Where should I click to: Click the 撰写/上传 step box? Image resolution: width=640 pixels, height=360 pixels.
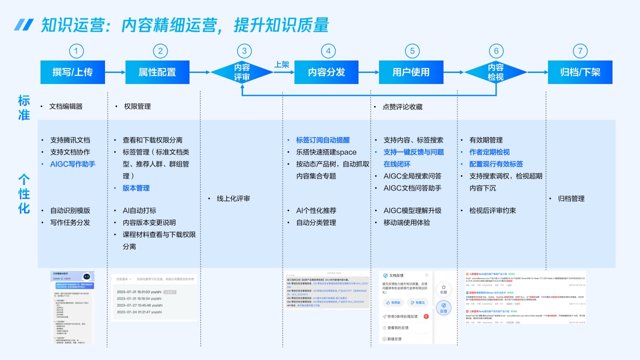[72, 72]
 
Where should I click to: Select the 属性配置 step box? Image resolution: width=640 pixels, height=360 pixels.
[157, 72]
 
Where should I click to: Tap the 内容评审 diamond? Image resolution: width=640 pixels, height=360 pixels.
[242, 72]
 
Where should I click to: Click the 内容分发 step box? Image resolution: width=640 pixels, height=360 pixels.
[326, 72]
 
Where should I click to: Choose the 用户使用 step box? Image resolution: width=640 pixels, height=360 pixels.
[411, 72]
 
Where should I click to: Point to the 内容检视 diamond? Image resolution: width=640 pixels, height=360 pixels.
[495, 72]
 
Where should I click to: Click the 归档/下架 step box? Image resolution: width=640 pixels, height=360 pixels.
[580, 72]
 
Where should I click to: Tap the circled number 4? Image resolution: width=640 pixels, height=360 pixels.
[328, 51]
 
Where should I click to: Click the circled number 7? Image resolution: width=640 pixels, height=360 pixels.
[580, 51]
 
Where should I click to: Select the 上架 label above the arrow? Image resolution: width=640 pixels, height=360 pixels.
[282, 64]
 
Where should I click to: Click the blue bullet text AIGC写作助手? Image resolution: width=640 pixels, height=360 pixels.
[72, 164]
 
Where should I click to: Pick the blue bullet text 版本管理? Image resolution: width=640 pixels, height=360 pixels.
[136, 188]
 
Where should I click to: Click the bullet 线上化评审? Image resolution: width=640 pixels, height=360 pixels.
[233, 198]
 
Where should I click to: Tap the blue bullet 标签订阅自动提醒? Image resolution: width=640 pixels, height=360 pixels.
[322, 140]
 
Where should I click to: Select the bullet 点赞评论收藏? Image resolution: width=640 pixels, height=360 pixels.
[402, 106]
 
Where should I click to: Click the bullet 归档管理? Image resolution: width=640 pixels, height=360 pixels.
[571, 198]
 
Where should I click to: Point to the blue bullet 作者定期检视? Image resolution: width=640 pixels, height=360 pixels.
[489, 152]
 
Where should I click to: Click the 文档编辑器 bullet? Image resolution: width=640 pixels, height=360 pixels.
[65, 106]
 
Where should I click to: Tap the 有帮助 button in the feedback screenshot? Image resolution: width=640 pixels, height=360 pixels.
[392, 302]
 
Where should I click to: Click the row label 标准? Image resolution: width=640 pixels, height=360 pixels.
[24, 107]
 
